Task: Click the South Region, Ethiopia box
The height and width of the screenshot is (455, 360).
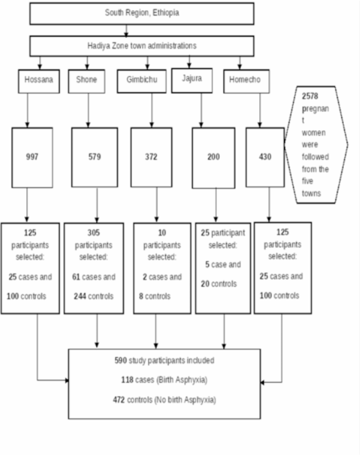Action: coord(142,13)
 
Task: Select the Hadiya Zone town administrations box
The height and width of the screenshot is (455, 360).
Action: coord(142,46)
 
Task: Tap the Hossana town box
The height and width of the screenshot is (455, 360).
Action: coord(39,80)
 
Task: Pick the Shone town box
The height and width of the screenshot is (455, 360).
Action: coord(87,80)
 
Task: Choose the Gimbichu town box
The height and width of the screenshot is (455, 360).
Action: coord(142,80)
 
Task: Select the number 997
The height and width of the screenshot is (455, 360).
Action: coord(33,157)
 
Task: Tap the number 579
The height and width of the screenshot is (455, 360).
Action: coord(95,157)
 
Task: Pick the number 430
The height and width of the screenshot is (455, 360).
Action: coord(265,157)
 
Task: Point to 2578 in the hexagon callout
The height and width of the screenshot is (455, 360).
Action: coord(310,97)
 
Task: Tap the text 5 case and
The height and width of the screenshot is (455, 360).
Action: coord(223,265)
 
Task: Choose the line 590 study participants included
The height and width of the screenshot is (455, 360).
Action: coord(164,360)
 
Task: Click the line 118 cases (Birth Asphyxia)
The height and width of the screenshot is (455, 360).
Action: coord(164,380)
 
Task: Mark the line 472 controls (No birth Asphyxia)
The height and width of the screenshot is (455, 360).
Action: coord(164,400)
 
